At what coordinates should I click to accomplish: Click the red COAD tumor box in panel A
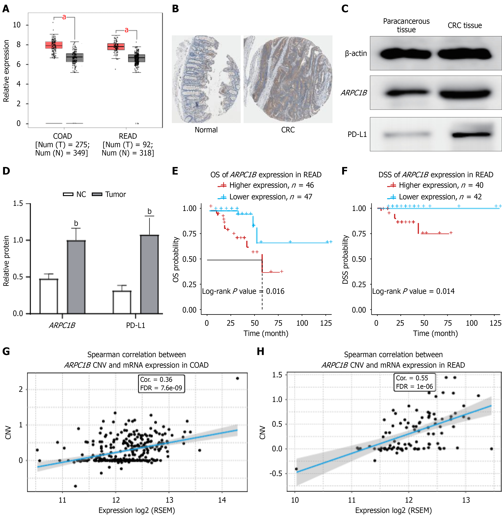coord(54,45)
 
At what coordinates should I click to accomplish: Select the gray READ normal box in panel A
coord(137,58)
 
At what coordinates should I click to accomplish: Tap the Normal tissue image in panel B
coord(206,79)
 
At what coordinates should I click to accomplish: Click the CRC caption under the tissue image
coord(288,130)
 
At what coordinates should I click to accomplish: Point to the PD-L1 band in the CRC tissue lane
coord(471,135)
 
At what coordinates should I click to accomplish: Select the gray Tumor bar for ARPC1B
coord(76,277)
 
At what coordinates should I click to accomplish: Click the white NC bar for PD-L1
coord(122,302)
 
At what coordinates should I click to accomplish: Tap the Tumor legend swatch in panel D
coord(97,194)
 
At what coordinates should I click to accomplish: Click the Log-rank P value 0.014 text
coord(413,291)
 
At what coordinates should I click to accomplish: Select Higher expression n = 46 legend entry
coord(266,185)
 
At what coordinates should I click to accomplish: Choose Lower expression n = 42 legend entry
coord(434,197)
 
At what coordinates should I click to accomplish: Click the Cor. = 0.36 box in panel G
coord(161,384)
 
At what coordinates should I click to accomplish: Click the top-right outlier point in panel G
coord(237,378)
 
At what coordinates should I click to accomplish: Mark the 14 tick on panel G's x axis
coord(222,500)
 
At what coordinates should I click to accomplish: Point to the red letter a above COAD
coord(64,17)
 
